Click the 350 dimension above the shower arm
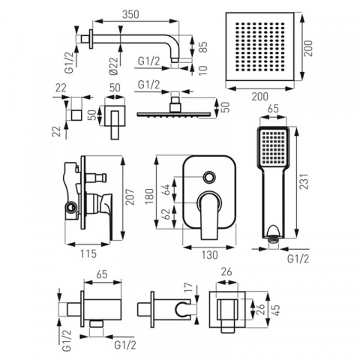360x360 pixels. [130, 14]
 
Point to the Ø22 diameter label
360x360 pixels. [114, 66]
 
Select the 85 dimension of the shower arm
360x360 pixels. [204, 48]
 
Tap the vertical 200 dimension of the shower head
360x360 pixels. [308, 48]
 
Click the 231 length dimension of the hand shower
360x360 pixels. [304, 181]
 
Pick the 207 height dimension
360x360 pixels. [130, 197]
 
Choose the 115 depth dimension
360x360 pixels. [88, 253]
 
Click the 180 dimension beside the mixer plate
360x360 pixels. [149, 196]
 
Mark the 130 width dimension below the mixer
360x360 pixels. [209, 255]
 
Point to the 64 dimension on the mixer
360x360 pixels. [166, 190]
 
